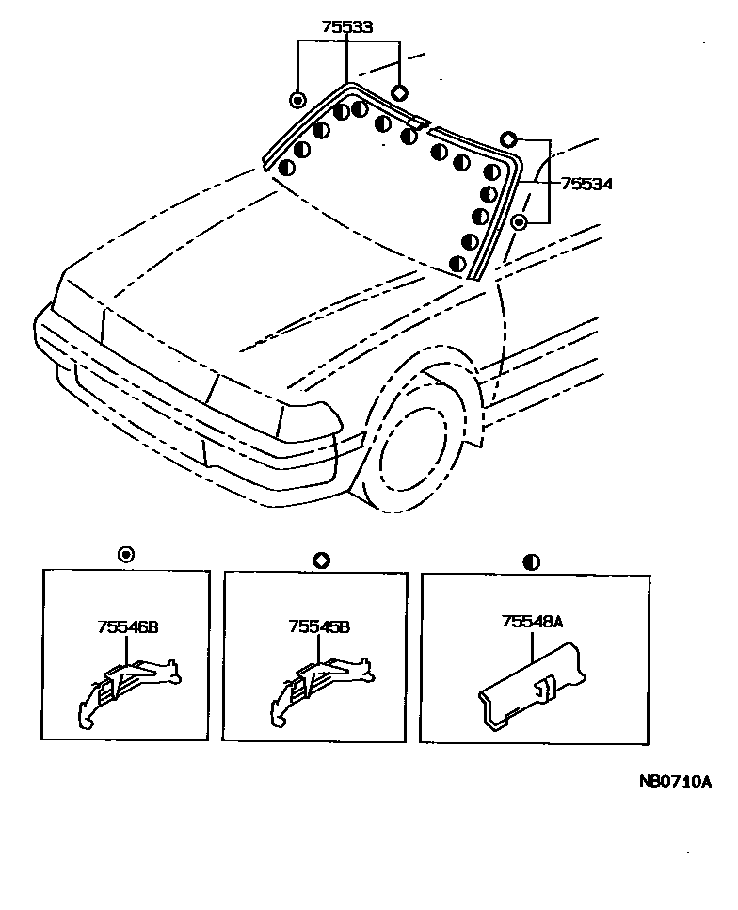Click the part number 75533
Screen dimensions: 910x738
[347, 27]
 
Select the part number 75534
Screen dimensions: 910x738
[586, 185]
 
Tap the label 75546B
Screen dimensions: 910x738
[126, 625]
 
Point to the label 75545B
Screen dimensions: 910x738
[319, 625]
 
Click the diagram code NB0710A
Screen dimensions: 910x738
[674, 782]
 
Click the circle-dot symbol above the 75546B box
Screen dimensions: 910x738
[126, 554]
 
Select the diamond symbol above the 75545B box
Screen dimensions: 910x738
[320, 560]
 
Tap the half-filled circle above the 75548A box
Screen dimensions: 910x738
[531, 561]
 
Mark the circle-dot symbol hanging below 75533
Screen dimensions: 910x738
[297, 100]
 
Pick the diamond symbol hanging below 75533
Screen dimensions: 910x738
[398, 92]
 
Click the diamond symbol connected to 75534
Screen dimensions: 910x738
[508, 139]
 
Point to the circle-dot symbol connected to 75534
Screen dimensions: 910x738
[520, 222]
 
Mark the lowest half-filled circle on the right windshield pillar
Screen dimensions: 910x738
[458, 264]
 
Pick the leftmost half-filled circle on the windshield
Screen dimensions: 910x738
[287, 168]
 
